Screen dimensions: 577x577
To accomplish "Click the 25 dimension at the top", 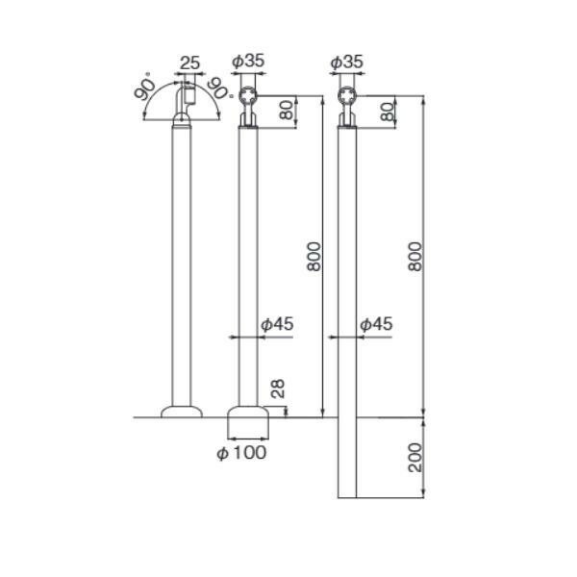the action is [189, 63].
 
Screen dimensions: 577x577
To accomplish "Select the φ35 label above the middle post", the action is [248, 62].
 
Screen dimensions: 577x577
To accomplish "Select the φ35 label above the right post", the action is [347, 62].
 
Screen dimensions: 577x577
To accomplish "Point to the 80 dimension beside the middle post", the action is [287, 110].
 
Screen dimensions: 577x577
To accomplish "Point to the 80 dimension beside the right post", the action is [388, 112].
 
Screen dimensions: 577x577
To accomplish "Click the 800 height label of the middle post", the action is [314, 257].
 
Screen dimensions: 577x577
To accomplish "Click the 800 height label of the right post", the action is [415, 257].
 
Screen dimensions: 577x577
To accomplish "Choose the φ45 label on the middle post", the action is [278, 324].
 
